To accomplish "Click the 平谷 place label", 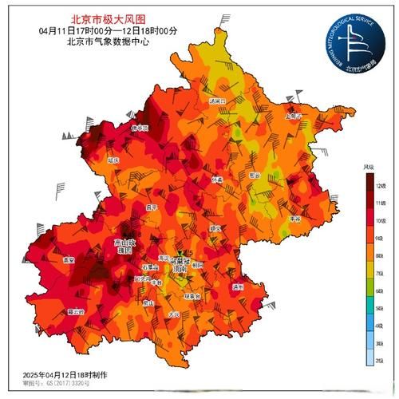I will click(x=294, y=217).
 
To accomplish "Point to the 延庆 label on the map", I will click(x=113, y=160).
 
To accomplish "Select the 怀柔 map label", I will click(x=218, y=180).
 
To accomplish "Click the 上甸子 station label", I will click(x=294, y=116).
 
